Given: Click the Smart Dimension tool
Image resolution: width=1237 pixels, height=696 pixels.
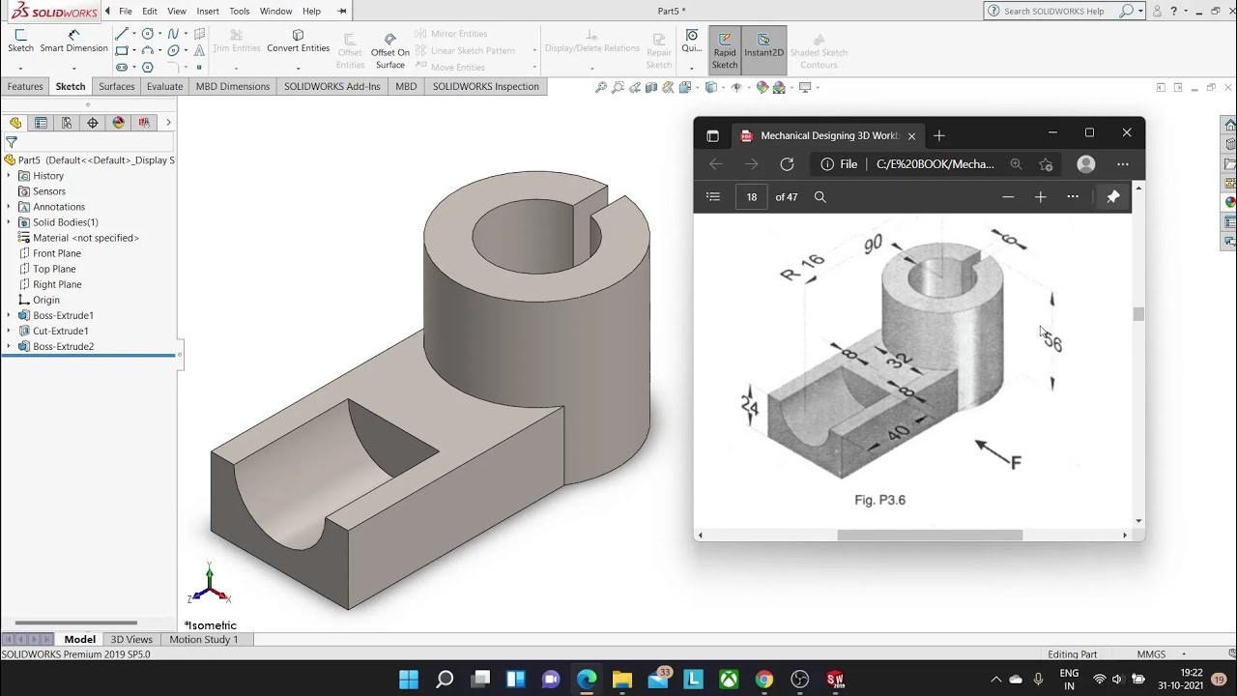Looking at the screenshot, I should (x=73, y=41).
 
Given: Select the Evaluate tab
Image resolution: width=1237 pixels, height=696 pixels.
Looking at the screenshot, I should (x=164, y=86).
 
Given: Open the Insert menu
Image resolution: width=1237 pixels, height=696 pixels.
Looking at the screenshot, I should (x=208, y=11).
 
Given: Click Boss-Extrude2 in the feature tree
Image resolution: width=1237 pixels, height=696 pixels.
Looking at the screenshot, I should (x=63, y=346).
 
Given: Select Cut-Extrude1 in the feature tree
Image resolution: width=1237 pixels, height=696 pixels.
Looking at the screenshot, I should (x=60, y=331).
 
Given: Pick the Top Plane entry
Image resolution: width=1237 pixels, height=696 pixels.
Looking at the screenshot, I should (x=54, y=269).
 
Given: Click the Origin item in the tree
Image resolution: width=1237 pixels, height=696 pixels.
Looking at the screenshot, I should (x=46, y=300).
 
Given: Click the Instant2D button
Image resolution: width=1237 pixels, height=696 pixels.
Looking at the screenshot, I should (x=763, y=44).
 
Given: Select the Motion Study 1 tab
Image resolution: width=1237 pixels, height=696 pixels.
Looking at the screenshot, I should (x=203, y=639).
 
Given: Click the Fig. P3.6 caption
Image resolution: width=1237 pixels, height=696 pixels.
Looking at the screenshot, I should (x=879, y=500).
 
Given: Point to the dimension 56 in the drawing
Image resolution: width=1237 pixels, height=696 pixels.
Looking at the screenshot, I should (x=1052, y=342).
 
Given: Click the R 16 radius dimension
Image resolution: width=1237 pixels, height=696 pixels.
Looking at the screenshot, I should (x=801, y=268).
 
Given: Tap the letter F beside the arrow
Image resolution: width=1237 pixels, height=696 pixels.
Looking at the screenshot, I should (x=1016, y=463).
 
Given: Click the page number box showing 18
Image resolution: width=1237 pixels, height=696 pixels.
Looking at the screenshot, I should (x=751, y=196).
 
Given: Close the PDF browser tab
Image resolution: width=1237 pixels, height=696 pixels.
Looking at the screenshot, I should (x=911, y=136).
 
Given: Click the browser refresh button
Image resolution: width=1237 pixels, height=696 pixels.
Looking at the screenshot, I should (x=787, y=164).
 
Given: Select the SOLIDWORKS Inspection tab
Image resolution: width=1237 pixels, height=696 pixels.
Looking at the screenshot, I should (x=485, y=86).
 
